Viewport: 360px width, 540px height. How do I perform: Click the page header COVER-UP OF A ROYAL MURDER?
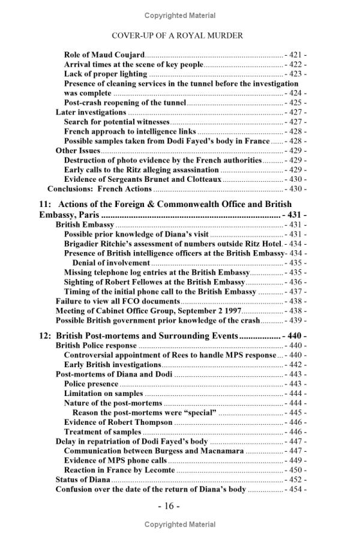tap(177, 35)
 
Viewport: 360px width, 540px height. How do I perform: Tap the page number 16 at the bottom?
tap(169, 506)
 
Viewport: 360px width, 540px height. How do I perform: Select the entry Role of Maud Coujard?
tap(104, 55)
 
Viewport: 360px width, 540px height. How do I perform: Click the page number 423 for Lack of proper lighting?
tap(295, 74)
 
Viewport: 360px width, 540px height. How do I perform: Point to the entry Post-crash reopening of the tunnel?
tap(125, 103)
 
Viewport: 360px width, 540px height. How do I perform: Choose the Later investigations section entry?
tap(91, 112)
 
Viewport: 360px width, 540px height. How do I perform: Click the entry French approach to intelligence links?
tap(130, 131)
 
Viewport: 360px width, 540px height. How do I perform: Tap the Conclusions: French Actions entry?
tap(100, 189)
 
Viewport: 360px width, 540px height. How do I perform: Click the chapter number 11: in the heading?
tap(46, 205)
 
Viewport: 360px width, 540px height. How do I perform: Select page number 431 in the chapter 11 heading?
tap(295, 215)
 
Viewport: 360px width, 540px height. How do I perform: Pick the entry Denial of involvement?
tap(111, 263)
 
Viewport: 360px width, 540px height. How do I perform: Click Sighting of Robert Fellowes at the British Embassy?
tap(154, 282)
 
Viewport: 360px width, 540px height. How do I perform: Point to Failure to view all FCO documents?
tap(118, 301)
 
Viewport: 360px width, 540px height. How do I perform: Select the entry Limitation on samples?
tap(103, 394)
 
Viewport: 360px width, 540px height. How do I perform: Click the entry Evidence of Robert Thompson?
tap(118, 422)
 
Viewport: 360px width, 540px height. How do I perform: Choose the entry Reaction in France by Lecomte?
tap(119, 470)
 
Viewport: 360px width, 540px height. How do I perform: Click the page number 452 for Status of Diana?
tap(295, 480)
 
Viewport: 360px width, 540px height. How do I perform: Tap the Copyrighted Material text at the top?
tap(180, 15)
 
